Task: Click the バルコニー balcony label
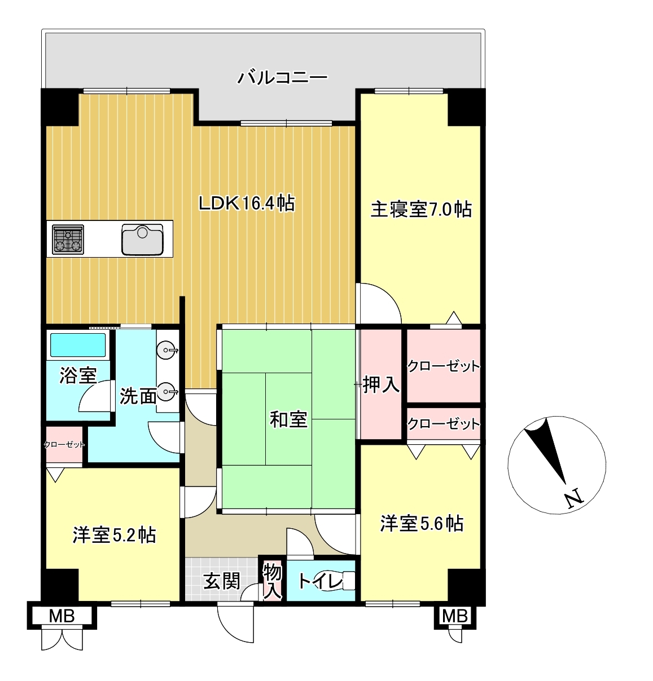282,77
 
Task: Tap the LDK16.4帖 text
247,204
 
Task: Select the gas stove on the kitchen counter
68,240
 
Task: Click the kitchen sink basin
142,240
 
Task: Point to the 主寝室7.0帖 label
420,209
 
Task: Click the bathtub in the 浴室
78,344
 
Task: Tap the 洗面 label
138,396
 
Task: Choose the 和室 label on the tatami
288,419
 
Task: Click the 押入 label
381,384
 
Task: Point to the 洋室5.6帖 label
422,524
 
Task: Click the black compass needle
545,452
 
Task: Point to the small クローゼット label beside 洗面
64,445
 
